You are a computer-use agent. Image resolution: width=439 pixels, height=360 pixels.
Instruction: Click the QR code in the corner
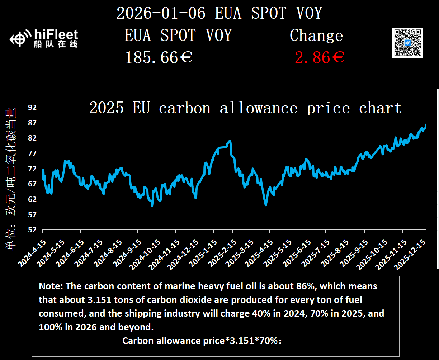(x=407, y=42)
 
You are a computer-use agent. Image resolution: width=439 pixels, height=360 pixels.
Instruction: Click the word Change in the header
(x=316, y=35)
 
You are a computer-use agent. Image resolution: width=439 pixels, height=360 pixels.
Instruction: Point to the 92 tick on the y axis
(x=32, y=108)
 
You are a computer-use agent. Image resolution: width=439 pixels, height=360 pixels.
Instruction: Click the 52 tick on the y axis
(x=32, y=230)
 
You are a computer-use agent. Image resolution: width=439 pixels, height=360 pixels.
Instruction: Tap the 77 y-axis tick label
(x=32, y=153)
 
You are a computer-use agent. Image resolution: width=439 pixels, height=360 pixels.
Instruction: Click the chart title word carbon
(x=185, y=108)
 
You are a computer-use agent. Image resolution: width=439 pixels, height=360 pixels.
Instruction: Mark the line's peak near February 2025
(x=230, y=141)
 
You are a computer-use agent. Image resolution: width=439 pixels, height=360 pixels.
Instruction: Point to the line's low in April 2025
(x=266, y=205)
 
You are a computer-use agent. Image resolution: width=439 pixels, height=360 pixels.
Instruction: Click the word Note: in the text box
(x=51, y=286)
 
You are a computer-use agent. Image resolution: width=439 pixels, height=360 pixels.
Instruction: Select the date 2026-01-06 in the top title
(x=161, y=14)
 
